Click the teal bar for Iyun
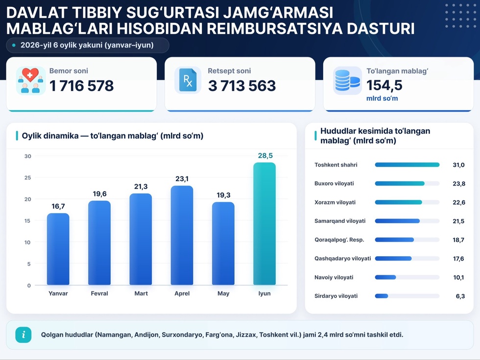pyautogui.click(x=264, y=224)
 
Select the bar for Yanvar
pyautogui.click(x=58, y=249)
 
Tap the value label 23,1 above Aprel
pyautogui.click(x=182, y=179)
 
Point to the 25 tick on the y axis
pyautogui.click(x=28, y=177)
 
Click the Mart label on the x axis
pyautogui.click(x=141, y=293)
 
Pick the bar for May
pyautogui.click(x=223, y=244)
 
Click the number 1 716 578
pyautogui.click(x=81, y=86)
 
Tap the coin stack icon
pyautogui.click(x=347, y=80)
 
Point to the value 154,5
pyautogui.click(x=384, y=85)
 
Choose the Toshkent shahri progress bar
pyautogui.click(x=407, y=165)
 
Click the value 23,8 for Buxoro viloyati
pyautogui.click(x=459, y=184)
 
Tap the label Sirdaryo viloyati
pyautogui.click(x=336, y=296)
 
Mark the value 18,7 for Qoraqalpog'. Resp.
pyautogui.click(x=458, y=240)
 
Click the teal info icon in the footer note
pyautogui.click(x=24, y=335)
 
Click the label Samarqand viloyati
pyautogui.click(x=340, y=221)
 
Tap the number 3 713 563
pyautogui.click(x=242, y=86)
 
